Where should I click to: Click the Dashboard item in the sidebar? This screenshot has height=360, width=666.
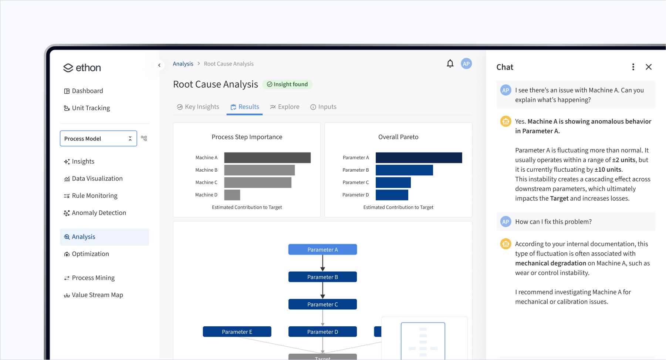87,91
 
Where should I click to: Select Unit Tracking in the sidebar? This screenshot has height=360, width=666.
91,108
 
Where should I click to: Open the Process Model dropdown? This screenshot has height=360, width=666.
98,138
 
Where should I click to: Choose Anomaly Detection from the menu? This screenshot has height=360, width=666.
99,213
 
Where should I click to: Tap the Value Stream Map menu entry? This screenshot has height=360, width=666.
97,295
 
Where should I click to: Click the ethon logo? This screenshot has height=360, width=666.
82,68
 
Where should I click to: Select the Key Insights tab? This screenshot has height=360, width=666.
198,107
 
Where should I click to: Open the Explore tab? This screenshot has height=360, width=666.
285,107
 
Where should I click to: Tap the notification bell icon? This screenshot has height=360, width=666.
450,64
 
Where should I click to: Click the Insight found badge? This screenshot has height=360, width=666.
287,84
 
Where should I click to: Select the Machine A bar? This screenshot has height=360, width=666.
267,158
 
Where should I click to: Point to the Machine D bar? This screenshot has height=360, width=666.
232,195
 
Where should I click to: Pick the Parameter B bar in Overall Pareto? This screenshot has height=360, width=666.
404,170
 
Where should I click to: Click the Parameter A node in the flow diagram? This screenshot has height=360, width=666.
322,250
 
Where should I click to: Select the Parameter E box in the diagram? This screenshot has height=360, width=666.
237,332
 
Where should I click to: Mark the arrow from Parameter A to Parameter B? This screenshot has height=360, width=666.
322,263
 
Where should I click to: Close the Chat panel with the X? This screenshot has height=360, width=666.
649,67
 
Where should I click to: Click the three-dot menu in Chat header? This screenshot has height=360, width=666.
633,67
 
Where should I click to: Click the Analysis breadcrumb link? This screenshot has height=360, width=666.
183,64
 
